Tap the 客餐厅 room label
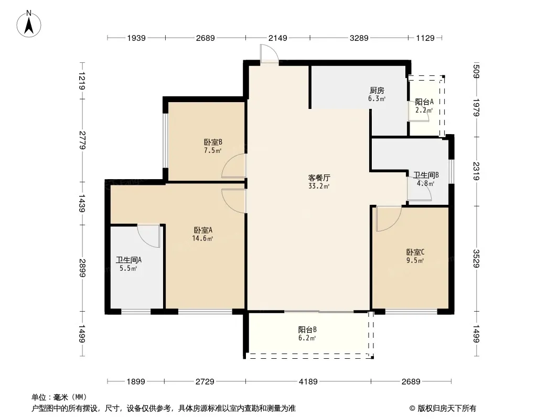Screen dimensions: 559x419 [x=319, y=177]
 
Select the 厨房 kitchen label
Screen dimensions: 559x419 [x=377, y=91]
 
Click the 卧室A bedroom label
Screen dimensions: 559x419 [x=203, y=230]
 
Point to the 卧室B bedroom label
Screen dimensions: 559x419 [x=213, y=142]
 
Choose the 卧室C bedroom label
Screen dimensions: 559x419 [x=415, y=252]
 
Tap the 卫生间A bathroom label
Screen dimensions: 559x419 [x=128, y=260]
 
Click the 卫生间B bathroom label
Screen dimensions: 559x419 [x=426, y=175]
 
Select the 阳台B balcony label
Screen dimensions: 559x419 [x=307, y=329]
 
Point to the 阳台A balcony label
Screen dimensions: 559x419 [x=424, y=102]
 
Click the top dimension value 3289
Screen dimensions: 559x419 [x=359, y=38]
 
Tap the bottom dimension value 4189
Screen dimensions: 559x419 [x=308, y=382]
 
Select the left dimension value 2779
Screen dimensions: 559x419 [x=82, y=140]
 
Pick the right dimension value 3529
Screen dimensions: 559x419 [x=476, y=258]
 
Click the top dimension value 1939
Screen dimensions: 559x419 [x=136, y=38]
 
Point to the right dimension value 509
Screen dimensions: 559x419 [x=476, y=71]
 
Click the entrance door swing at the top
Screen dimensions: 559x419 [x=270, y=54]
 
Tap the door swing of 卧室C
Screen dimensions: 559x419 [x=389, y=219]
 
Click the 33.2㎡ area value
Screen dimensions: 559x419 [x=319, y=186]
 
